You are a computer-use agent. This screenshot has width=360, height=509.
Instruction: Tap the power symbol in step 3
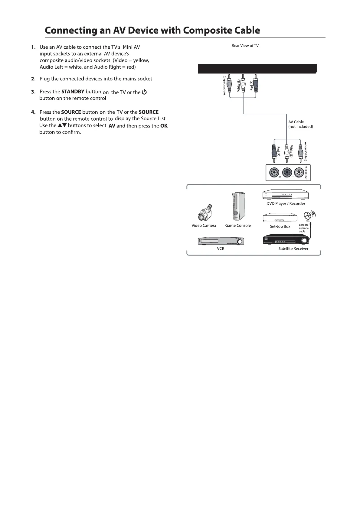pos(144,92)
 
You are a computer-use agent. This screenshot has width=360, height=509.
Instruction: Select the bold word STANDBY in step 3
pos(73,92)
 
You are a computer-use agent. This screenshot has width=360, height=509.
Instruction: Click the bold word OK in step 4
pos(164,126)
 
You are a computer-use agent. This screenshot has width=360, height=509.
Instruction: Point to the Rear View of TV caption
pos(245,46)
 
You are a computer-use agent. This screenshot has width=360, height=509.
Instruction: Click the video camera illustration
pos(204,213)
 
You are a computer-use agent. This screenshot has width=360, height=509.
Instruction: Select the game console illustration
pos(238,207)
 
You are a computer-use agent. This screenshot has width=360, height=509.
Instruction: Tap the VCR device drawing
pos(221,241)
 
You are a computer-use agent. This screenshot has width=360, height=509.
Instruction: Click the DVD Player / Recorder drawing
pos(286,195)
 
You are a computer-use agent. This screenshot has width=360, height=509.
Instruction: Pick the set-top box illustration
pos(280,218)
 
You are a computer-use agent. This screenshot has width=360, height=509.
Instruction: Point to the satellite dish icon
pos(309,216)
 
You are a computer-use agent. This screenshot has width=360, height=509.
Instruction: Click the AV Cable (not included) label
pos(300,124)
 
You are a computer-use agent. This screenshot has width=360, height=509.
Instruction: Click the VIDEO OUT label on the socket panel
pos(306,173)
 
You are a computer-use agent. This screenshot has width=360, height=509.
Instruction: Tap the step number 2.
pos(33,79)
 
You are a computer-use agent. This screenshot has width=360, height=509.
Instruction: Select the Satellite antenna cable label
pos(304,228)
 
